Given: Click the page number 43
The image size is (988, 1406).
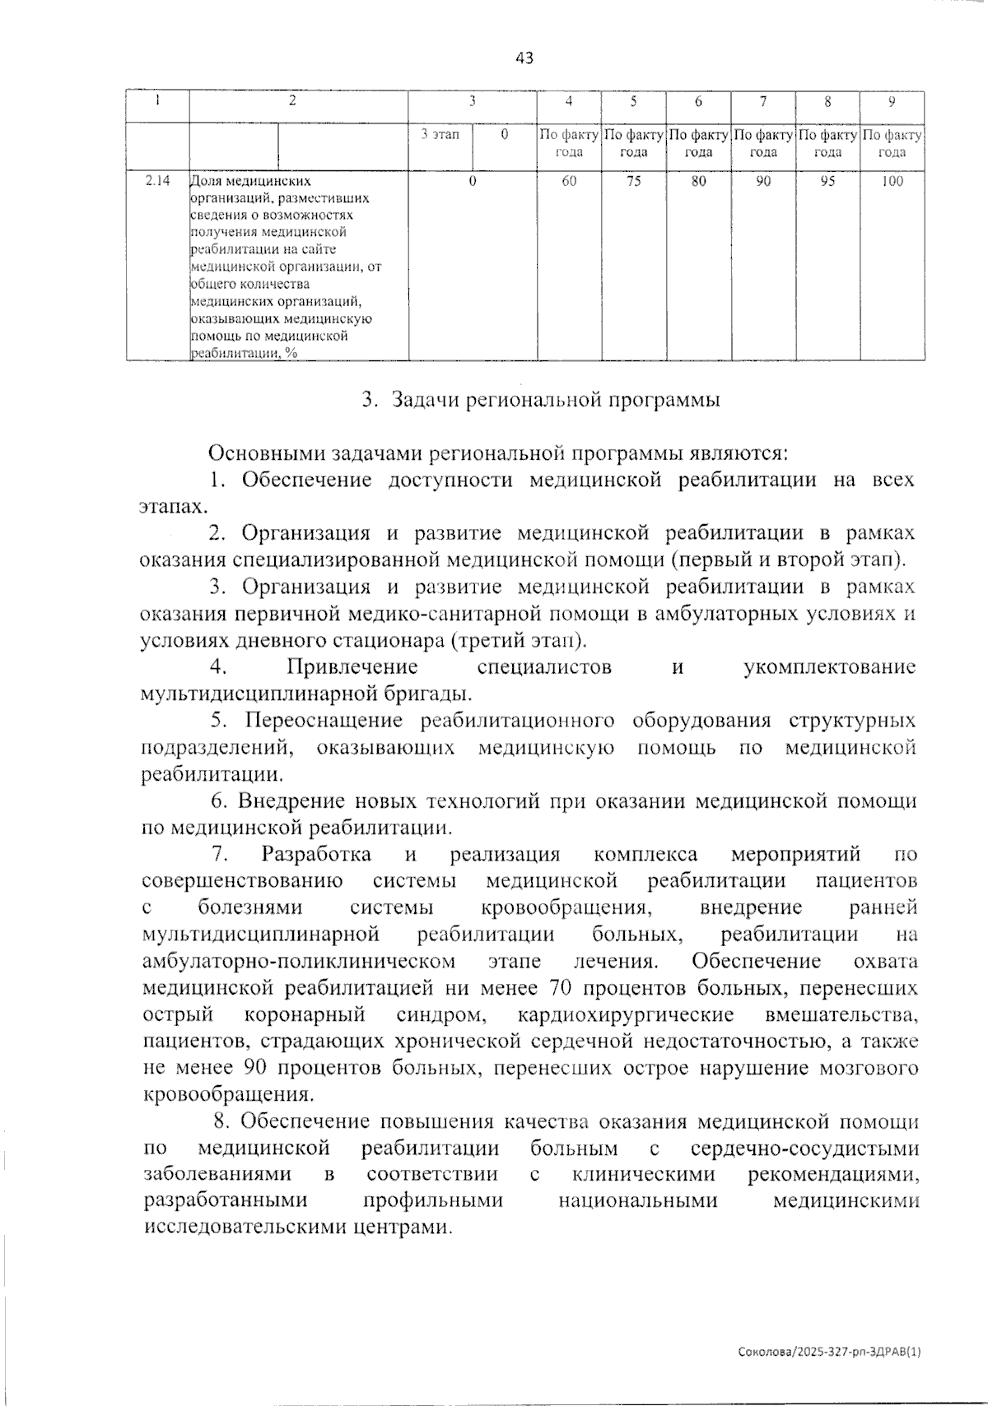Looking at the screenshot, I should pos(524,58).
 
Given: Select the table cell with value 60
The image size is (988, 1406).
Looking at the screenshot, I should pos(569,182).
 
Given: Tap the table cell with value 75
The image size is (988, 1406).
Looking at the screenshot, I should pos(633,182).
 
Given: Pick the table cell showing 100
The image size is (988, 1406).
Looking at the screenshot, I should pos(892,182).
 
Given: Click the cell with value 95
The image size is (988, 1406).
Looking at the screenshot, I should pos(827,182).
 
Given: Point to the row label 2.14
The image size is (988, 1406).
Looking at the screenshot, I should pos(157,182).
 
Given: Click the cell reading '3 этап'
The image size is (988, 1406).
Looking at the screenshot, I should pos(440,134).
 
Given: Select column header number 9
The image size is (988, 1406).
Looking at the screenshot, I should pos(892,102).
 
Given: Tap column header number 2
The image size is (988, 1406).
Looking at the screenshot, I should pos(292,102).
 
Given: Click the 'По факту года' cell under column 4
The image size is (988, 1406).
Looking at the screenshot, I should pos(569,143).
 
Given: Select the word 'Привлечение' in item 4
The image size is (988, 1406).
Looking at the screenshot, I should pos(352,666).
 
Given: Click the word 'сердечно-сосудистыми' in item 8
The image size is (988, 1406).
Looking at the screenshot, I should pos(804,1148).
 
